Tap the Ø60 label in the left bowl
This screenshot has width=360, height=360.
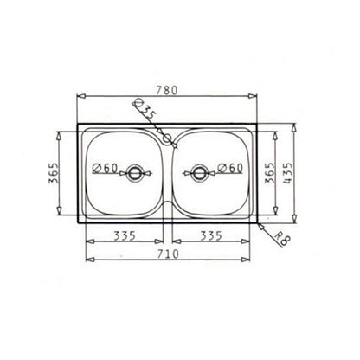click(x=105, y=168)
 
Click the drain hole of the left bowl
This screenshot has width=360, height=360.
click(x=134, y=172)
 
